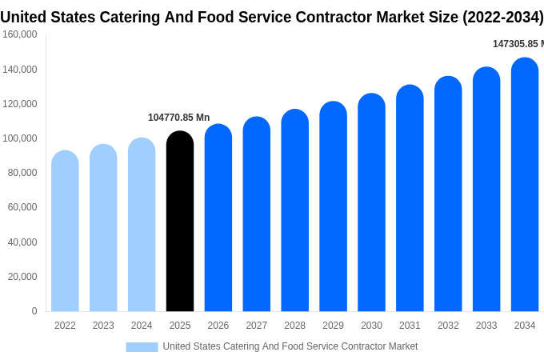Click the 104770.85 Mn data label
[x=178, y=118]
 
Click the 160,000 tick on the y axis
[x=20, y=34]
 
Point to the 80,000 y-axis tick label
[x=22, y=173]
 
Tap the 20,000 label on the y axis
[x=22, y=277]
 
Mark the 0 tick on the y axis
[x=34, y=311]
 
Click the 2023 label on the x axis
[x=103, y=326]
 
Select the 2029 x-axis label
[x=333, y=326]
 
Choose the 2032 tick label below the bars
[x=448, y=326]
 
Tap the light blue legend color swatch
[x=142, y=346]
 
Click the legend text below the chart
[x=290, y=346]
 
